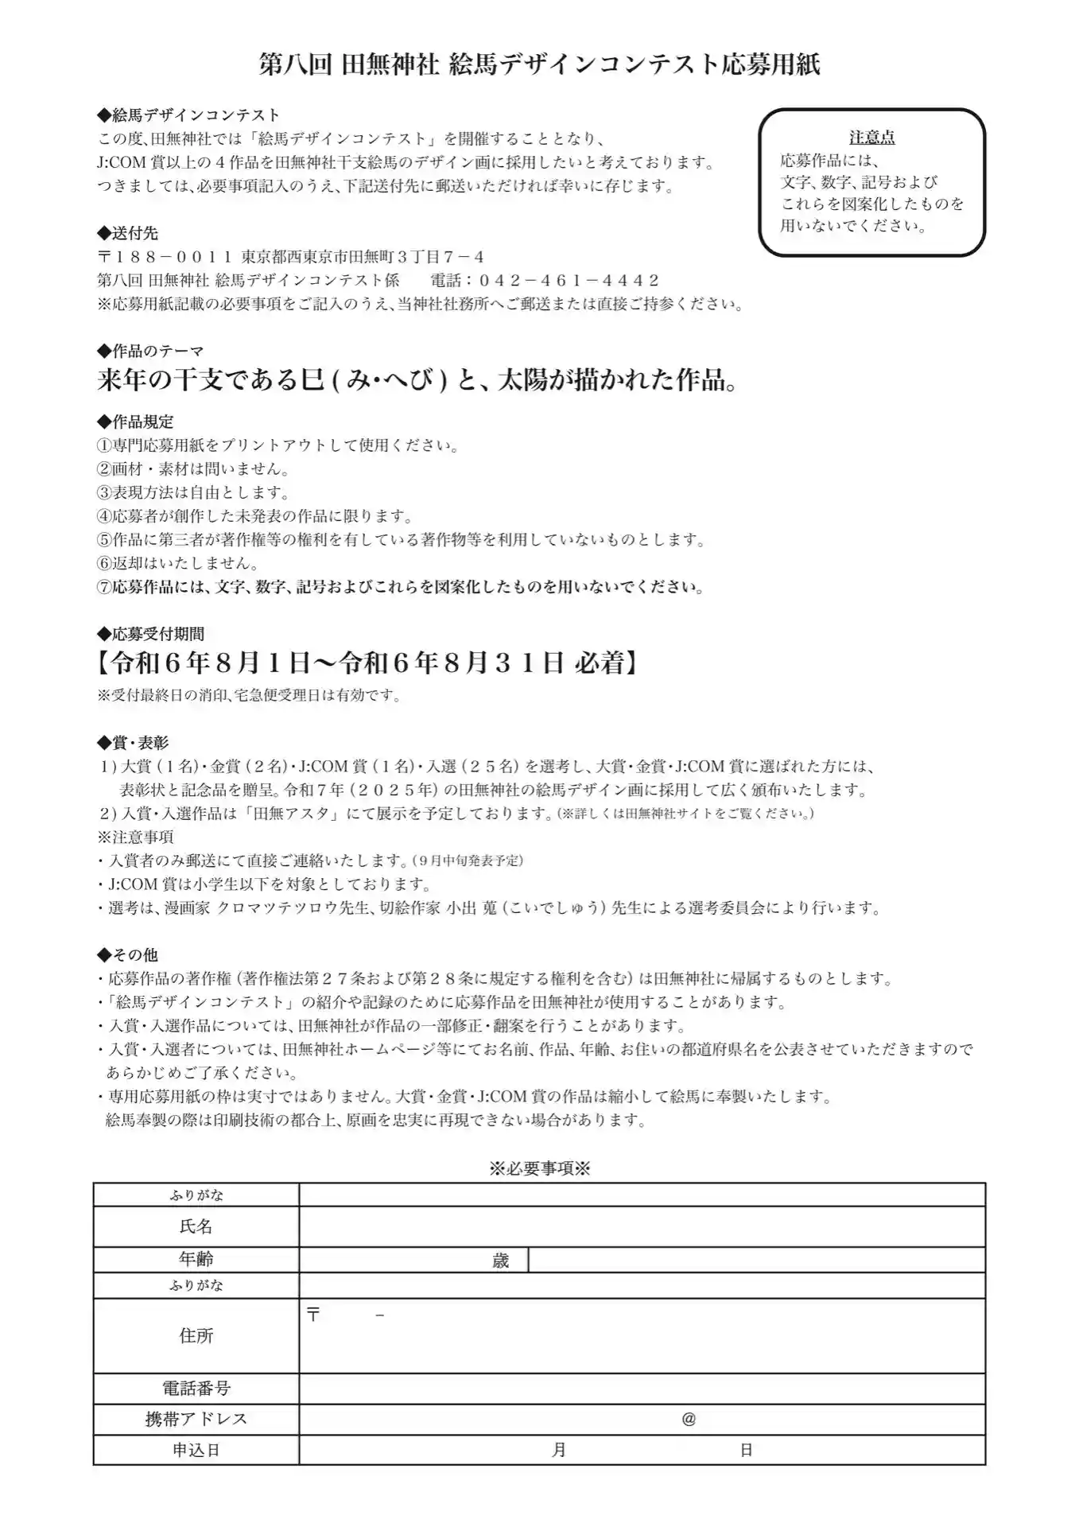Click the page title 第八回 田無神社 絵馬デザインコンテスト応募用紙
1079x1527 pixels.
coord(539,64)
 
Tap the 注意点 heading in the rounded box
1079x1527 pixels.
coord(871,138)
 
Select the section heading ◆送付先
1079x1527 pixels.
coord(128,233)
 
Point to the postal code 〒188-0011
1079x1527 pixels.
coord(164,257)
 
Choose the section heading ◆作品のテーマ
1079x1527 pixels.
coord(150,351)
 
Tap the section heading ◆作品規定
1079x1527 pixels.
coord(135,422)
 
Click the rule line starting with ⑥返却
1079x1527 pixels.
coord(177,563)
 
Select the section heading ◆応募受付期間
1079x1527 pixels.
coord(150,634)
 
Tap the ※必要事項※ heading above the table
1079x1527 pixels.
coord(539,1168)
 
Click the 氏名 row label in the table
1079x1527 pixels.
coord(196,1226)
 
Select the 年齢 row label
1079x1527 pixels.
coord(196,1259)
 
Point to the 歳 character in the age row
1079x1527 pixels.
coord(500,1261)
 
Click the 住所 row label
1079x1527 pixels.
coord(196,1335)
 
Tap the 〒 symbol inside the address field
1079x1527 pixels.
coord(313,1315)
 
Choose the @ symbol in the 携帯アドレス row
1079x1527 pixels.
coord(689,1419)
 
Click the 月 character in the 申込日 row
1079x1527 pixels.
coord(559,1450)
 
